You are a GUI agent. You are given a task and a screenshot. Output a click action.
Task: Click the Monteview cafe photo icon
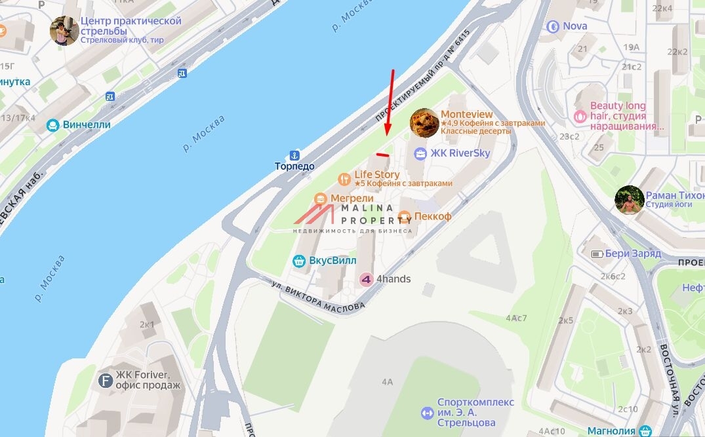[424, 123]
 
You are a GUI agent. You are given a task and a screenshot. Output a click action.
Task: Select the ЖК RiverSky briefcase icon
[420, 153]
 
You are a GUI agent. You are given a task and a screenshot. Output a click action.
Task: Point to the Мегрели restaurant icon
[320, 199]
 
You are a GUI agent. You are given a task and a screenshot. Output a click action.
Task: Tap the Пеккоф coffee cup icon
[405, 216]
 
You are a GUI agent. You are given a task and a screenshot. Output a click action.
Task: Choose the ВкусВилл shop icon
[299, 261]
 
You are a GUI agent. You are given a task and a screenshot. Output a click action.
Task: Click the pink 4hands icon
[366, 279]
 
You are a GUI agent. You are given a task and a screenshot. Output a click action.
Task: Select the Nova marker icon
[553, 27]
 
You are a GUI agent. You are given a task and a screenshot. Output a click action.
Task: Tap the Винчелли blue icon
[52, 124]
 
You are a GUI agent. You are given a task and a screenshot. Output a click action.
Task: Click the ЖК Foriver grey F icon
[105, 381]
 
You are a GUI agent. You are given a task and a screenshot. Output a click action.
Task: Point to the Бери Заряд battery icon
[597, 254]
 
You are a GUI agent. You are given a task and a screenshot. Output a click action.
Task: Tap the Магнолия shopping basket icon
[645, 430]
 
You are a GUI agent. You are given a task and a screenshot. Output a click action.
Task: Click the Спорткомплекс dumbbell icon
[427, 413]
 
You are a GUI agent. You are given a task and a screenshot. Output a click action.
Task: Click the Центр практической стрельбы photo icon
[64, 31]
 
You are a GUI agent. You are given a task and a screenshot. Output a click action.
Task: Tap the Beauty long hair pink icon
[580, 116]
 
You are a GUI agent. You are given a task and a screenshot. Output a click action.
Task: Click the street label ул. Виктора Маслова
[317, 297]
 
